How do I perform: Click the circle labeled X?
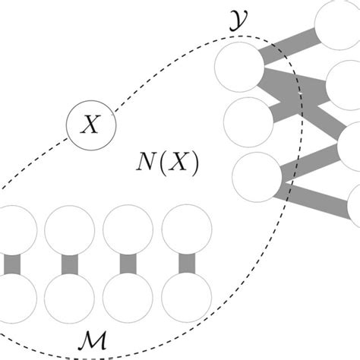90,125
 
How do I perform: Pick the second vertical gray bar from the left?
70,264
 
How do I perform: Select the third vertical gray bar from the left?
128,264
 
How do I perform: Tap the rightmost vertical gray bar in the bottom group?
186,264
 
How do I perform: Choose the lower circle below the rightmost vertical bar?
186,298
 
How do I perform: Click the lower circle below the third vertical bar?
128,298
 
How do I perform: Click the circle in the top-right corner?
339,20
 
